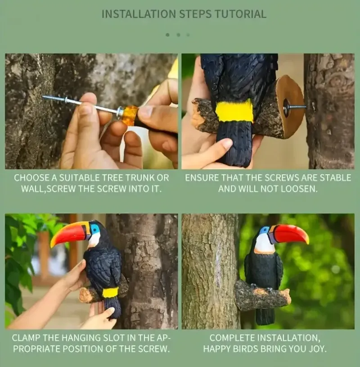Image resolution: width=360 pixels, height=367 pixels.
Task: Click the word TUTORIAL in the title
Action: [x=241, y=14]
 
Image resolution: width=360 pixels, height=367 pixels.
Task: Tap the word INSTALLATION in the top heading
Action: [x=139, y=14]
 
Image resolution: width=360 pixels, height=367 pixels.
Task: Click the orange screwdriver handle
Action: [x=130, y=115]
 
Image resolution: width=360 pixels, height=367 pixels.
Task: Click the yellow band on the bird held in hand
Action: [x=234, y=110]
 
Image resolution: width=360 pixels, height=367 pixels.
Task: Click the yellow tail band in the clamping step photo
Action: [x=110, y=292]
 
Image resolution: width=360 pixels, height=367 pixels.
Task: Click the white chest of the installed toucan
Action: [x=264, y=244]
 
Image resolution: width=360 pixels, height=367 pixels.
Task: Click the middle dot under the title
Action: [x=179, y=35]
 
